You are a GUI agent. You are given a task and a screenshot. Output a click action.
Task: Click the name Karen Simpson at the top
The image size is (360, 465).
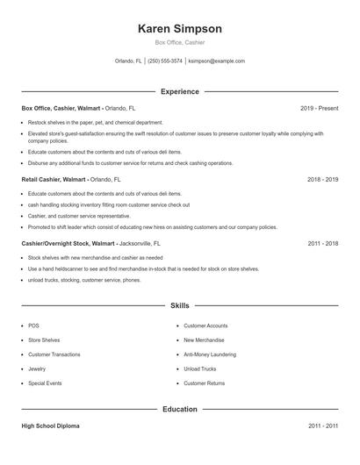[x=179, y=28]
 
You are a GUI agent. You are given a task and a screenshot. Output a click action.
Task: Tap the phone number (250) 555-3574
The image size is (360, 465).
[x=165, y=61]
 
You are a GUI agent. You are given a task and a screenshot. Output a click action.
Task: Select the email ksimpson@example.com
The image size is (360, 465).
[x=216, y=61]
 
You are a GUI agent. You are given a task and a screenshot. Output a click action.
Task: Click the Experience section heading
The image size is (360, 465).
[x=179, y=91]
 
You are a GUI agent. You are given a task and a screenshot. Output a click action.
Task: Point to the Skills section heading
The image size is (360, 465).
[x=179, y=305]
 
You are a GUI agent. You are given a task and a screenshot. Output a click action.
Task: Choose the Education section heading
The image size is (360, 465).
[x=179, y=409]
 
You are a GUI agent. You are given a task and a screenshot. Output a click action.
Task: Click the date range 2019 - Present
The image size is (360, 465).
[x=319, y=108]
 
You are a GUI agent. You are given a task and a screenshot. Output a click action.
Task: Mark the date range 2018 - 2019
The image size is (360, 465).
[x=322, y=179]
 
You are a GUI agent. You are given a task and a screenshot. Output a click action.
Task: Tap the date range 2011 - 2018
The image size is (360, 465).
[x=322, y=243]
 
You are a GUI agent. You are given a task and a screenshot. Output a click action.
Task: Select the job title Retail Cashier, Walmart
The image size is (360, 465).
[x=54, y=179]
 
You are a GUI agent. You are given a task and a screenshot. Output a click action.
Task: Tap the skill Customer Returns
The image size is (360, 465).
[x=204, y=383]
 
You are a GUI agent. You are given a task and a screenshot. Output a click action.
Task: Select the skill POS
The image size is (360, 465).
[x=33, y=325]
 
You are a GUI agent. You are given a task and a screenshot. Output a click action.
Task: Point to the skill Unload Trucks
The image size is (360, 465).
[x=199, y=369]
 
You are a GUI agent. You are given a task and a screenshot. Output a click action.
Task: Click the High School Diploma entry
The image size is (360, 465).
[x=50, y=426]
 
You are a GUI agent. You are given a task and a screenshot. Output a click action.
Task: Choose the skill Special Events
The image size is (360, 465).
[x=46, y=383]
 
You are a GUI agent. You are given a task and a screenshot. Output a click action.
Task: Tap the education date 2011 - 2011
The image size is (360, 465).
[x=322, y=426]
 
